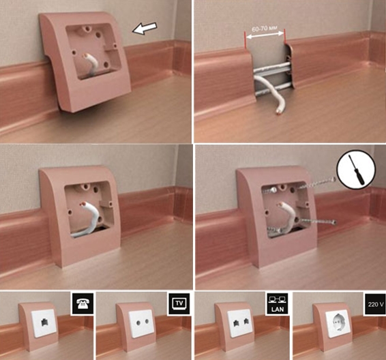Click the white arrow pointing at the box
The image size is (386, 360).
tap(145, 28)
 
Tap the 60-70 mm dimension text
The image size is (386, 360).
tap(265, 29)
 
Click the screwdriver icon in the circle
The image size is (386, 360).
tap(356, 170)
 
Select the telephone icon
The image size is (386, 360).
tap(83, 303)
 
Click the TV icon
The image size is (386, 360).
tap(179, 303)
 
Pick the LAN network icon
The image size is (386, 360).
tap(278, 303)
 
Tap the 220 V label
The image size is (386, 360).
tap(376, 304)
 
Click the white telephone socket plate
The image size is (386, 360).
tap(44, 323)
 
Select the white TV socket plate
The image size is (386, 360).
tap(142, 323)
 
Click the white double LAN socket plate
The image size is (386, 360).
tap(240, 323)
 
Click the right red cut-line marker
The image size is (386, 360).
tap(284, 36)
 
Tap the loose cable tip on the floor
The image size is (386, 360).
tap(278, 112)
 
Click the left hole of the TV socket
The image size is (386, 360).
tap(138, 322)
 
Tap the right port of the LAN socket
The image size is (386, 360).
tap(246, 321)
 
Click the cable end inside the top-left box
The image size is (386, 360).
tap(85, 56)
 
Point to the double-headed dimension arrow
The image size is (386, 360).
tap(265, 35)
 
